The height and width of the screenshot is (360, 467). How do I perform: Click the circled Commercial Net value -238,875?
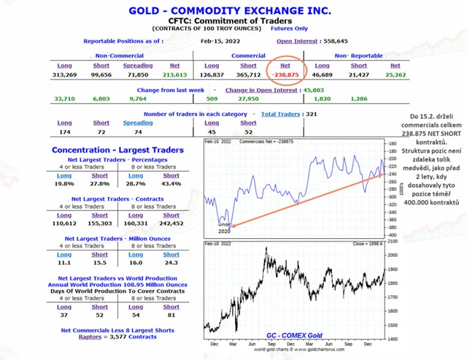pos(285,74)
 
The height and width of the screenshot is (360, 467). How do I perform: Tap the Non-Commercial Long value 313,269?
pos(64,74)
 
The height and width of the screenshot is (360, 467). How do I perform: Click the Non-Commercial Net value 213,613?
pos(174,74)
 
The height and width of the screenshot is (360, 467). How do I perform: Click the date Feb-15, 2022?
pos(217,41)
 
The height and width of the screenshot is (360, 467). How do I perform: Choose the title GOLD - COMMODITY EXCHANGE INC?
pos(229,11)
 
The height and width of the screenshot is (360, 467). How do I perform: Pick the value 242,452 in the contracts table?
pos(171,224)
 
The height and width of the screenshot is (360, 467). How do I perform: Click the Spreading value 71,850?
pos(137,74)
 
